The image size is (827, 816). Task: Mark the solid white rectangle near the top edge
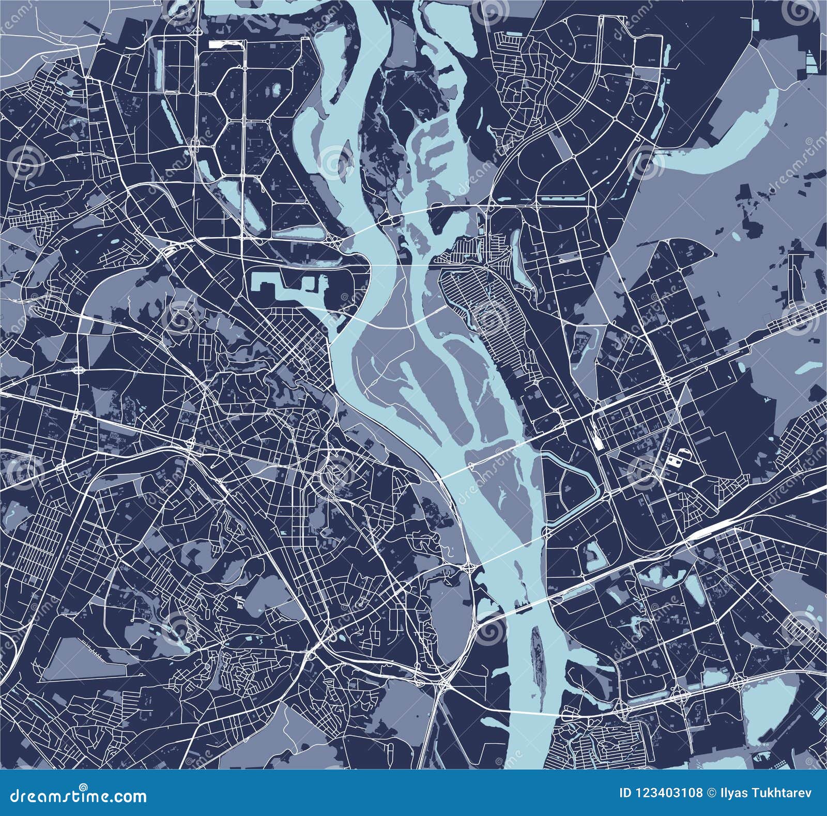tap(219, 44)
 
